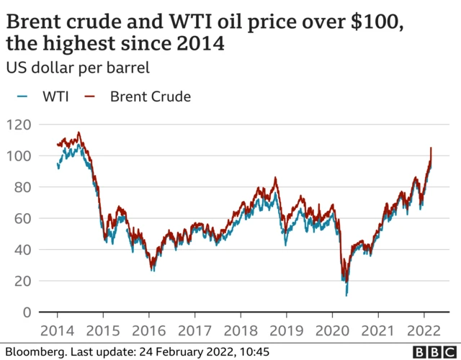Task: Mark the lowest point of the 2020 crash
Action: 346,294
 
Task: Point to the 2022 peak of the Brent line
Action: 431,148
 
